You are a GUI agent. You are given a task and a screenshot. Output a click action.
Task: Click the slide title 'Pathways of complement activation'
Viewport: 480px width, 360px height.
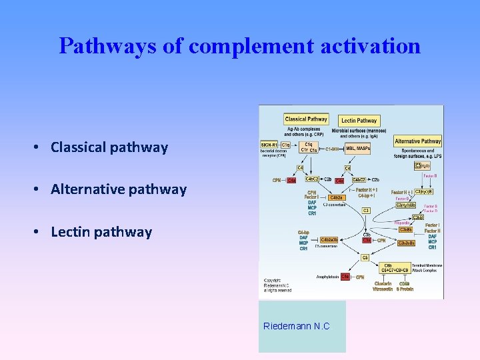pyautogui.click(x=239, y=46)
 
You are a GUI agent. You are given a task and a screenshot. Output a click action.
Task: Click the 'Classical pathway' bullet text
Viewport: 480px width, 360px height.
pyautogui.click(x=109, y=147)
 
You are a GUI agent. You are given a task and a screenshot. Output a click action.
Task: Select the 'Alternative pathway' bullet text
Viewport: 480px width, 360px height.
pyautogui.click(x=119, y=189)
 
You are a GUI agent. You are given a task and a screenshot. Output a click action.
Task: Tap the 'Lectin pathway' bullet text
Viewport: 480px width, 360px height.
pyautogui.click(x=101, y=232)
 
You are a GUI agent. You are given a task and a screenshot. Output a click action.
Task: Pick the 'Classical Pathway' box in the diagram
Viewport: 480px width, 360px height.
pyautogui.click(x=306, y=119)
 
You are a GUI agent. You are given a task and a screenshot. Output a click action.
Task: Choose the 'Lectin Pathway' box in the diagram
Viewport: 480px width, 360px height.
pyautogui.click(x=359, y=121)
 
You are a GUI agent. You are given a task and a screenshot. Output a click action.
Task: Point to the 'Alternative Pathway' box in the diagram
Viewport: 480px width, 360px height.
pyautogui.click(x=417, y=141)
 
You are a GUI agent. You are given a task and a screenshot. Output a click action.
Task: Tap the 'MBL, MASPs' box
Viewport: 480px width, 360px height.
pyautogui.click(x=358, y=147)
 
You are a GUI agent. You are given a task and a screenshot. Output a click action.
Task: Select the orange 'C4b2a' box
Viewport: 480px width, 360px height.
pyautogui.click(x=336, y=197)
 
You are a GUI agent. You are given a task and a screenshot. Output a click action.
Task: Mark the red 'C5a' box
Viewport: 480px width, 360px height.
pyautogui.click(x=345, y=277)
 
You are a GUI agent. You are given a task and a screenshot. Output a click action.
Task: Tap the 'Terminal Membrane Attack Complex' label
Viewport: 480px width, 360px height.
pyautogui.click(x=426, y=267)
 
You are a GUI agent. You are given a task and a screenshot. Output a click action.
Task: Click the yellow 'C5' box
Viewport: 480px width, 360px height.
pyautogui.click(x=364, y=257)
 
